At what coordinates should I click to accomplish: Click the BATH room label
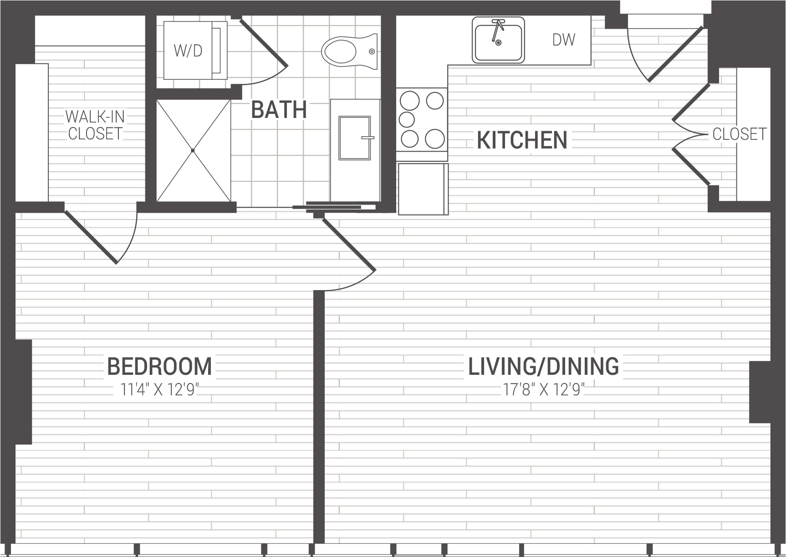click(x=279, y=110)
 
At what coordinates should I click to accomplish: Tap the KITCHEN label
click(x=522, y=140)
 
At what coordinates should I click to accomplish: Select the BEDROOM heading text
click(x=159, y=367)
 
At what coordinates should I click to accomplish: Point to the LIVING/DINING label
click(x=544, y=367)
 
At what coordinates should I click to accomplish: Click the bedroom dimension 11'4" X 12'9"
click(x=159, y=390)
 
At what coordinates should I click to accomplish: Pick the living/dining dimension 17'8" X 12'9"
click(x=544, y=390)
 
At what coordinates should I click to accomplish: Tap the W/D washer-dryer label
click(x=188, y=51)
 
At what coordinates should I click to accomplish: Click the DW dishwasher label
click(x=564, y=40)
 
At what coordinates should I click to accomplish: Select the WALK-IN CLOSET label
click(x=95, y=125)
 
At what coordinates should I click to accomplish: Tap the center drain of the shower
click(x=193, y=150)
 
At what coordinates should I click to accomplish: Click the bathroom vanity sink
click(x=355, y=138)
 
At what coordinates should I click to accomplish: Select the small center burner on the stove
click(x=406, y=120)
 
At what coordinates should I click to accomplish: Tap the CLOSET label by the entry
click(x=740, y=134)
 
